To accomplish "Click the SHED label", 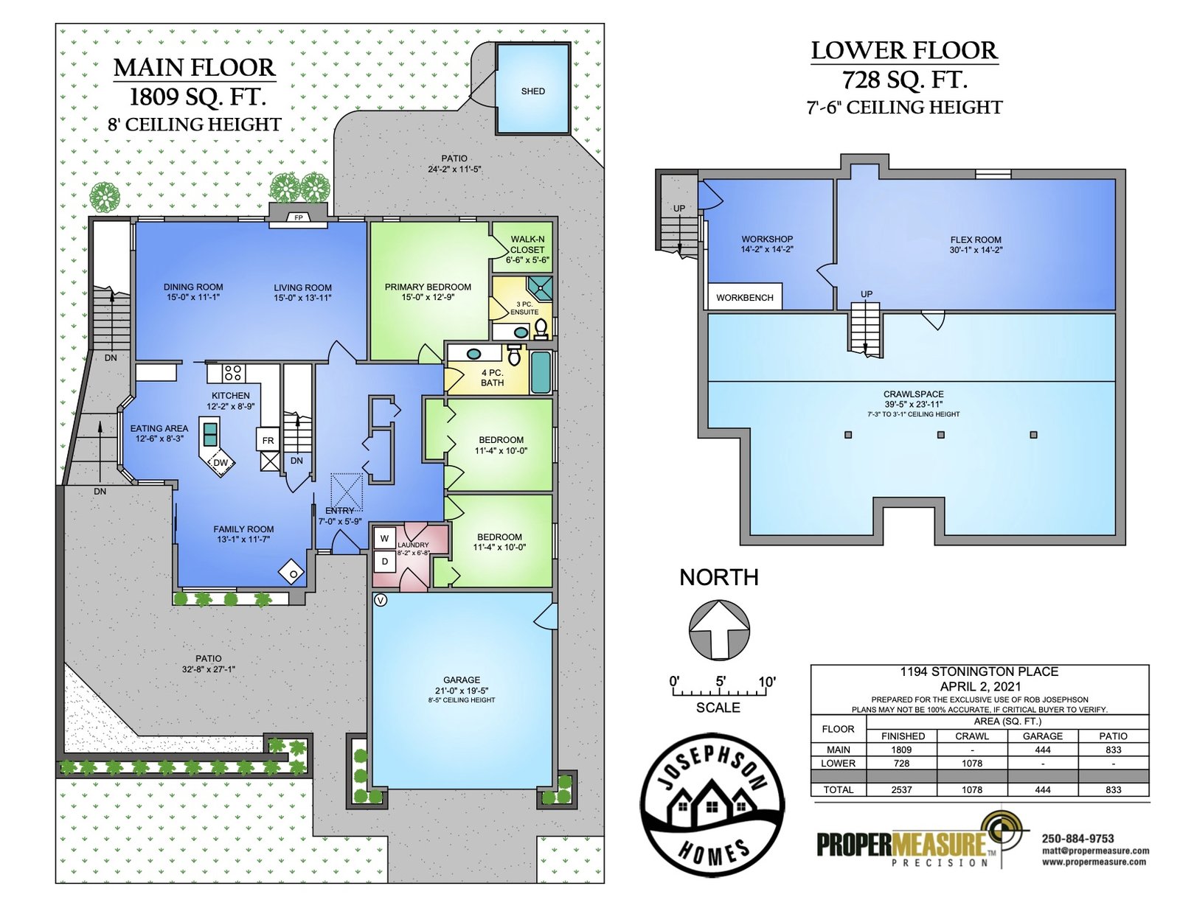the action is (x=532, y=91).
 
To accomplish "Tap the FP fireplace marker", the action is (x=298, y=217).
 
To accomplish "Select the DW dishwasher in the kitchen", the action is (x=220, y=463).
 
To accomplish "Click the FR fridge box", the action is (x=268, y=441).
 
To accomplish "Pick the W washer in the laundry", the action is (x=384, y=538).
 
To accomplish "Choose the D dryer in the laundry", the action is (x=384, y=562).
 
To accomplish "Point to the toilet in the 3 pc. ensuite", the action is (x=541, y=328).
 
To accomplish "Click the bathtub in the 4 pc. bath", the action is (x=541, y=372).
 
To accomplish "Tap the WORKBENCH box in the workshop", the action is (x=744, y=297).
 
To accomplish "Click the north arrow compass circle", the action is (x=719, y=630).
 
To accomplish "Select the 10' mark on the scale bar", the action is (x=766, y=681).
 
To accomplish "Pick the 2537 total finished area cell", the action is (x=901, y=789).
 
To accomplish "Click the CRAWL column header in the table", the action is (x=972, y=736).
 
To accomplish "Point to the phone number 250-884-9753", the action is (x=1077, y=838).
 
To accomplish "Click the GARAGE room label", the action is (x=461, y=680).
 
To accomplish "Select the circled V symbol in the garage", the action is (x=381, y=601).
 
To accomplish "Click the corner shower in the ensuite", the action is (x=541, y=288).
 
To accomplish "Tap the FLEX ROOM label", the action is (x=975, y=240).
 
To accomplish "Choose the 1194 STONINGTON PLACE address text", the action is (x=979, y=671).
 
